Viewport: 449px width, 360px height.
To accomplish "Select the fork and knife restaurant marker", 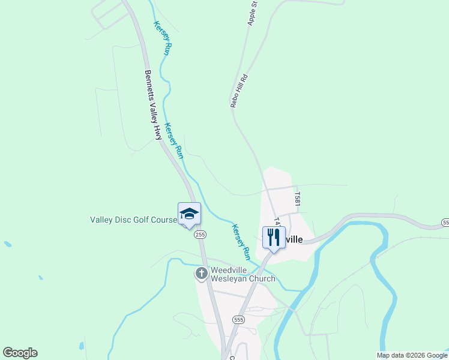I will [x=274, y=238].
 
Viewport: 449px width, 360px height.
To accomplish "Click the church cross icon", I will [x=201, y=274].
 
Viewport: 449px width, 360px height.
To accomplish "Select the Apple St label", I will [x=252, y=13].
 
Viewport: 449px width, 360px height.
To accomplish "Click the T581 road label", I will [x=297, y=199].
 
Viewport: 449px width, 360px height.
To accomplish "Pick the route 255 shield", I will [x=200, y=234].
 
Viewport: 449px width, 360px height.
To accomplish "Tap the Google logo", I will [x=20, y=353].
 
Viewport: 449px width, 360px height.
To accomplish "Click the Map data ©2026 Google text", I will [x=412, y=355].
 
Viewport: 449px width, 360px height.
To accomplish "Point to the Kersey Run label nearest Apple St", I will [x=163, y=39].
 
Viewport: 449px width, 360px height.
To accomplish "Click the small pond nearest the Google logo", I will [x=82, y=346].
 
